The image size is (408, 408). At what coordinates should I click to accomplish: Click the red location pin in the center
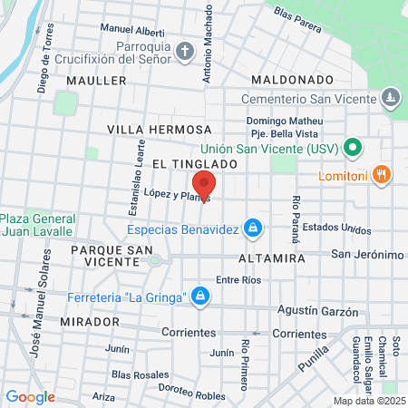[x=204, y=184]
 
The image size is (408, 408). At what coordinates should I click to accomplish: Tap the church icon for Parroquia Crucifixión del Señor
[x=185, y=50]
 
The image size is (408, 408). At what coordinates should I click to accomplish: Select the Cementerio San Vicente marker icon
[x=390, y=94]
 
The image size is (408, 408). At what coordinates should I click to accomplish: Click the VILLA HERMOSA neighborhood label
[x=159, y=130]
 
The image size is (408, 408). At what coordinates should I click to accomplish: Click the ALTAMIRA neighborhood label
[x=271, y=257]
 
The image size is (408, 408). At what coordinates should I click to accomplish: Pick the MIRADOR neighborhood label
[x=91, y=322]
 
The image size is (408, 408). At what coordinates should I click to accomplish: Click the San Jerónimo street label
[x=366, y=254]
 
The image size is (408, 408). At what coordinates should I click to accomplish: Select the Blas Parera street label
[x=297, y=20]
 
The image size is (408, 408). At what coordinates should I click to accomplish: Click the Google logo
[x=30, y=396]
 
